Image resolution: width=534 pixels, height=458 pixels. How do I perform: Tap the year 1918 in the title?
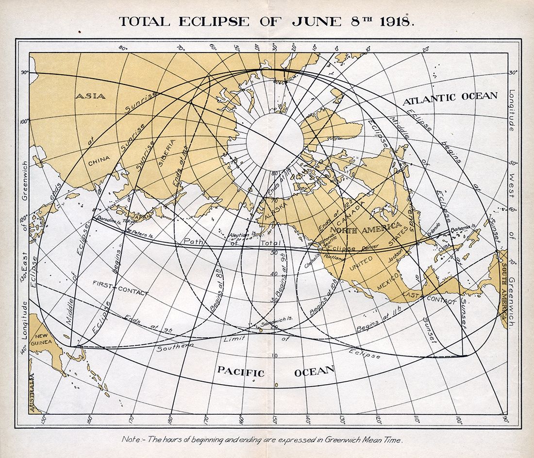(395, 22)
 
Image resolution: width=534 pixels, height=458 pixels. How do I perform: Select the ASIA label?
(90, 96)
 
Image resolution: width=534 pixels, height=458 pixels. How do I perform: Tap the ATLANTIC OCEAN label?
(450, 97)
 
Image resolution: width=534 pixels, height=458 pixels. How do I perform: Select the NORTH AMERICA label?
(366, 228)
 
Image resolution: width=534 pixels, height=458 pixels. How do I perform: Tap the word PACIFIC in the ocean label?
(241, 373)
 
